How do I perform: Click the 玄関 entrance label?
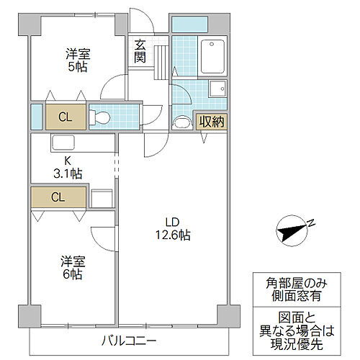140,50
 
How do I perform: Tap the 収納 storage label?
212,122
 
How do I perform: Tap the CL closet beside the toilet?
65,116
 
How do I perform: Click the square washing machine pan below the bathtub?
216,89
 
